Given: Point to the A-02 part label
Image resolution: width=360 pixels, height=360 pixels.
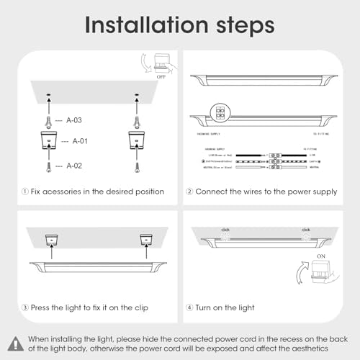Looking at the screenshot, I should tap(75, 166).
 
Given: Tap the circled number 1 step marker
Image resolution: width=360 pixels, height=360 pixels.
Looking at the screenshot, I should tap(27, 192).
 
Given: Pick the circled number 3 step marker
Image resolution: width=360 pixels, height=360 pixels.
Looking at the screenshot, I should tap(27, 307).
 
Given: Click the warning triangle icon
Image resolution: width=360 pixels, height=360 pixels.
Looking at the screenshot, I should tap(16, 343).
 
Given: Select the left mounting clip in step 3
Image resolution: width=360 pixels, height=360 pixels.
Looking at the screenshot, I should tap(53, 238).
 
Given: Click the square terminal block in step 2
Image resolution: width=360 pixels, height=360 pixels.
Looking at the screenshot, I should tap(218, 113).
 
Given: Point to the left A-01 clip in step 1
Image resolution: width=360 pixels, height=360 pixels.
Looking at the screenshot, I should tap(49, 140).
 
